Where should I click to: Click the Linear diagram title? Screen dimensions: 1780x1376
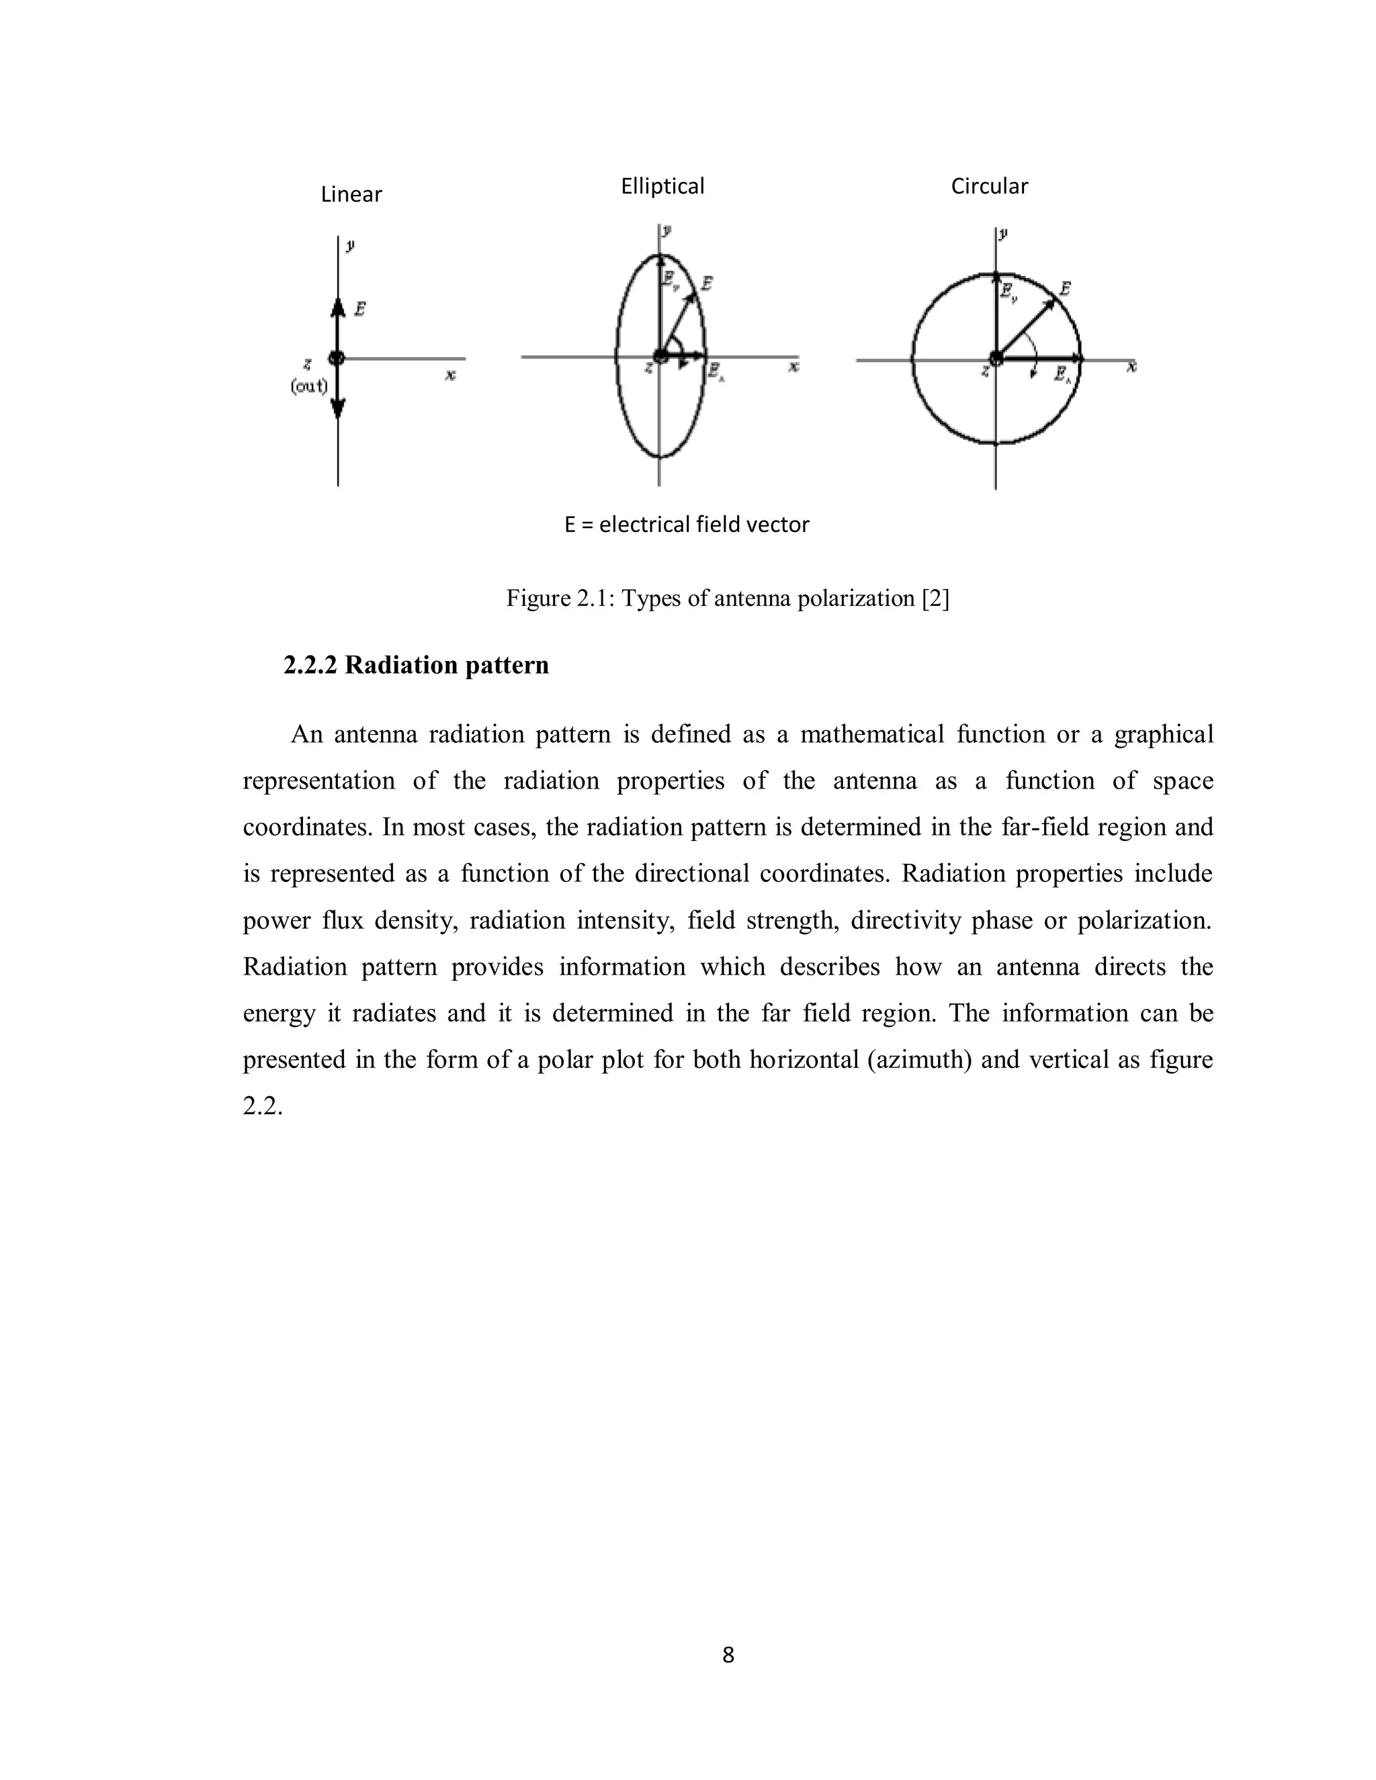point(351,195)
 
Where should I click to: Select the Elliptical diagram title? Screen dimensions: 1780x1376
point(662,187)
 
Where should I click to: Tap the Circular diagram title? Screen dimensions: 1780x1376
point(989,187)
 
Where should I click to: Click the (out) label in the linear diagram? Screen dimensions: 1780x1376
point(309,386)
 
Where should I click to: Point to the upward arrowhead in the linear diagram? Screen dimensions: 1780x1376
point(337,306)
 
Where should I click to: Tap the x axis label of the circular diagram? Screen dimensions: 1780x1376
point(1131,367)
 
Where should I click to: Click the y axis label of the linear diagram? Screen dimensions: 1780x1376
point(349,244)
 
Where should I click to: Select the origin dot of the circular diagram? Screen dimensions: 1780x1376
point(995,358)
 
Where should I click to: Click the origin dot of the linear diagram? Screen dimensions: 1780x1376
point(337,358)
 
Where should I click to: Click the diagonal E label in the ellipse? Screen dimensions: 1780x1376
point(706,283)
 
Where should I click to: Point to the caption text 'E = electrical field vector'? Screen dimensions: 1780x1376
point(687,525)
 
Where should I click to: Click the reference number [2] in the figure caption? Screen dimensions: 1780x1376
point(935,599)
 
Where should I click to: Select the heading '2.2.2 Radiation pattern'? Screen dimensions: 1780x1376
point(416,666)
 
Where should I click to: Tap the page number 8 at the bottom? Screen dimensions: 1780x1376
point(728,1655)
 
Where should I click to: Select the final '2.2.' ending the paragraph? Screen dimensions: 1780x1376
point(263,1107)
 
